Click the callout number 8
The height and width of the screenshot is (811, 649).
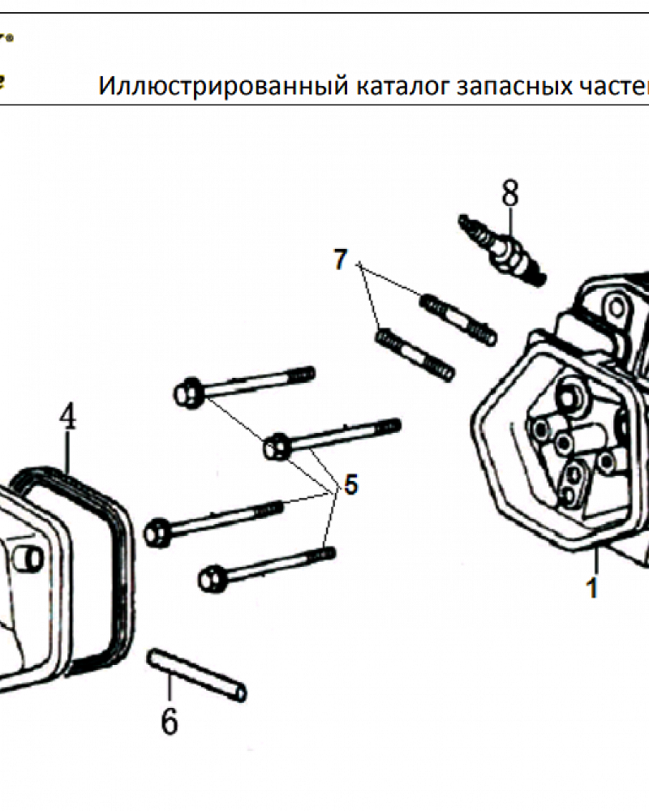(x=509, y=195)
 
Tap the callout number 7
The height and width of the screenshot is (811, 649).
(x=341, y=260)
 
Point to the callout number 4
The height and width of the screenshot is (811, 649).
(x=67, y=418)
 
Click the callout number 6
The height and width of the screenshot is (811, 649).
(x=169, y=720)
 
